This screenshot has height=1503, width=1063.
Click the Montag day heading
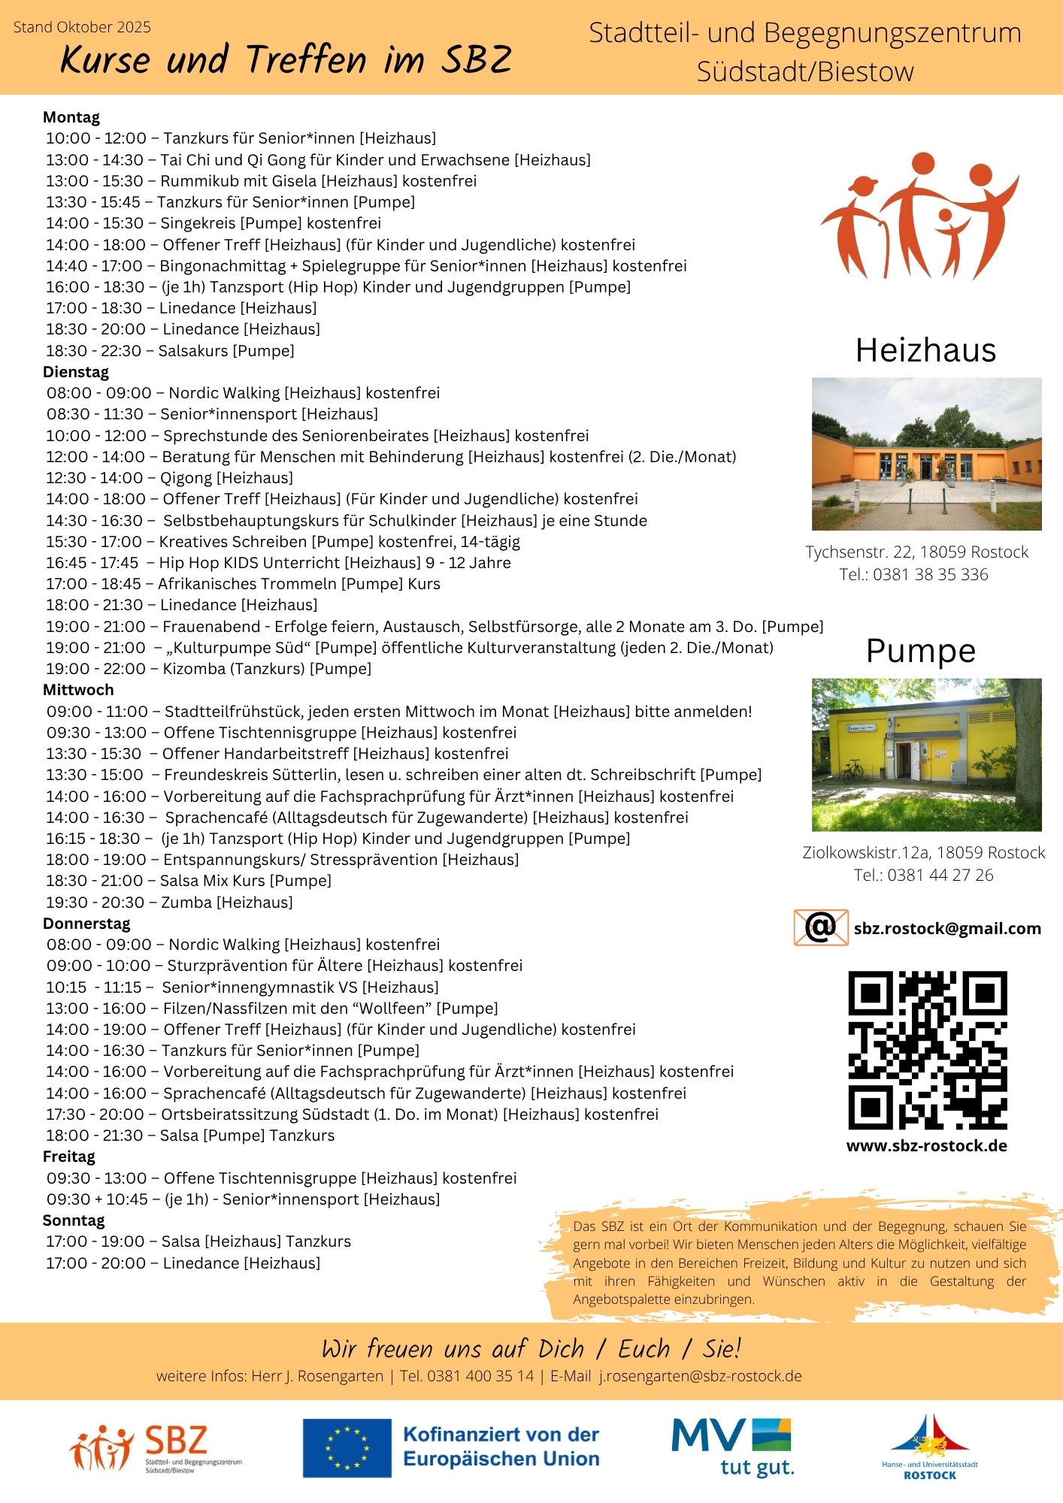point(71,117)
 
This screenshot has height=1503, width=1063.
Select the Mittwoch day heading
point(78,690)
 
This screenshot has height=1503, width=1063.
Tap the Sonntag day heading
point(74,1220)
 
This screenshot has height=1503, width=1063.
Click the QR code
point(927,1050)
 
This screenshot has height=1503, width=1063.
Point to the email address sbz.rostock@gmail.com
point(947,929)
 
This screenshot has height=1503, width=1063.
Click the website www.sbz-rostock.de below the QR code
point(926,1146)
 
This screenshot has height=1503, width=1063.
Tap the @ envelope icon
point(821,927)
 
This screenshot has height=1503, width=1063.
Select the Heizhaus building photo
point(926,454)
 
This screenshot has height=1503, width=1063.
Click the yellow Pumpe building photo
point(926,755)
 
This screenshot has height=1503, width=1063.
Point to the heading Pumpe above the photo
point(921,651)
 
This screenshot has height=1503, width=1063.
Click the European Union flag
point(347,1447)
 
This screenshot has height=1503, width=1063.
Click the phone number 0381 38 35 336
point(931,575)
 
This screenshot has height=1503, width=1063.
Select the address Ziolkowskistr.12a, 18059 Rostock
point(924,853)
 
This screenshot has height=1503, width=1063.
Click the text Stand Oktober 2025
point(83,28)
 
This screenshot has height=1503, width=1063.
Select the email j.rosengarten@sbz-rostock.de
point(700,1376)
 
